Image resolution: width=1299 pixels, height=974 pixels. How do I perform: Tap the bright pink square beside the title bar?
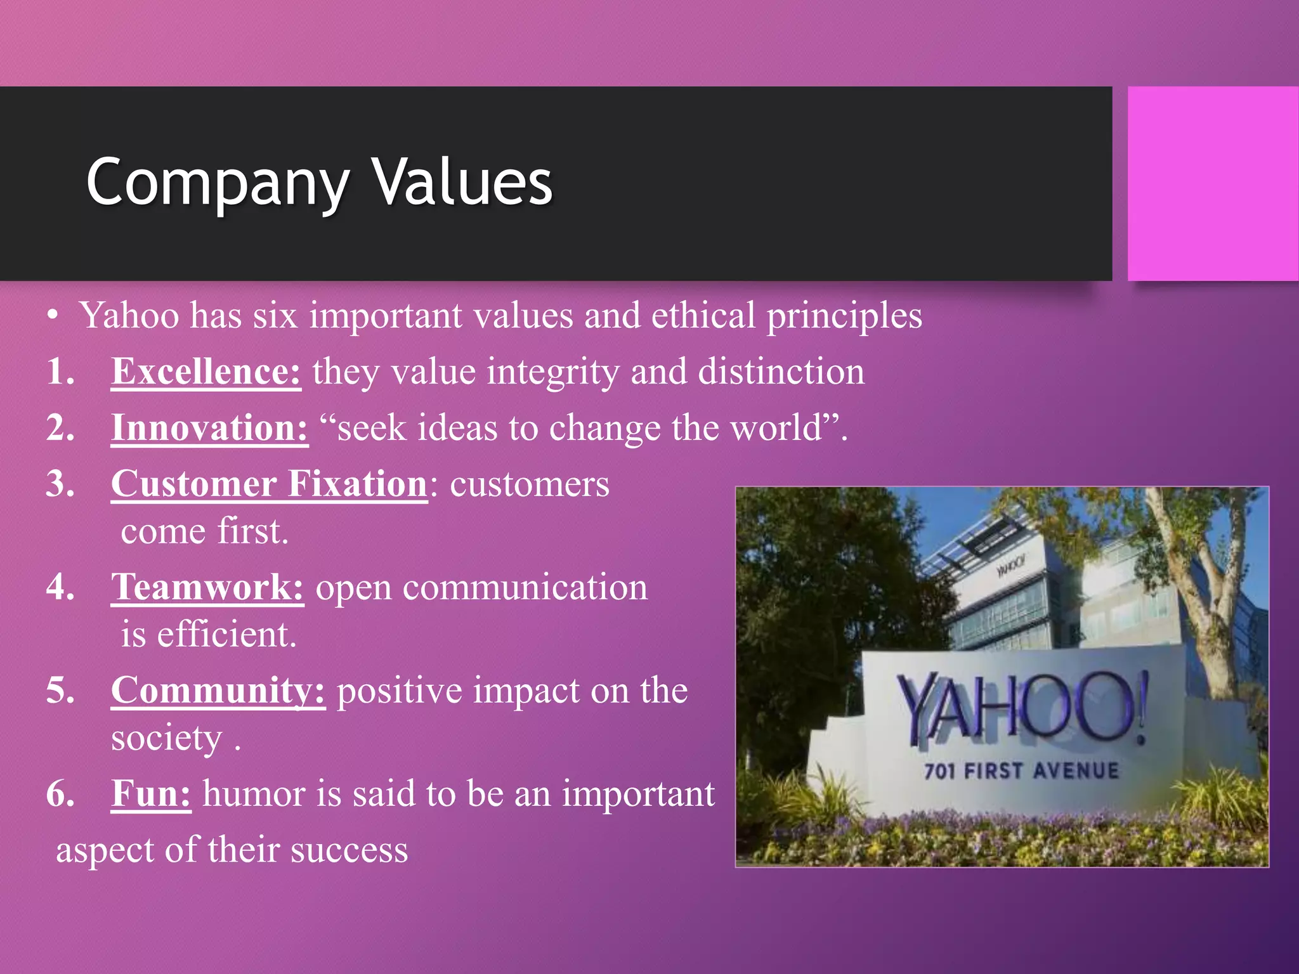(1213, 184)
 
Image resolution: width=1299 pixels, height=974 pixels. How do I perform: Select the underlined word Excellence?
(206, 372)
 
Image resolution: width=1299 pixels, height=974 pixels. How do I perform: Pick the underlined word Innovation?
(209, 428)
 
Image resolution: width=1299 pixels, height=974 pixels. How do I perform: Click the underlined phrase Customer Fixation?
(270, 484)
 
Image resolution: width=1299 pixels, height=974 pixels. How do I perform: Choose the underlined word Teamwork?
(207, 587)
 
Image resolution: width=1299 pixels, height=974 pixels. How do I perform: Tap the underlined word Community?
(218, 691)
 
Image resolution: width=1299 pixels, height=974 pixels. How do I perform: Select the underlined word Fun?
(151, 794)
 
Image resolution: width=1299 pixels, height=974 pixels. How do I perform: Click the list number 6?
(60, 794)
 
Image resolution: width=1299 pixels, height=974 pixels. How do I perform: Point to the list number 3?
(60, 484)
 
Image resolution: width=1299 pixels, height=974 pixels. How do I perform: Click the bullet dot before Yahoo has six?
(54, 316)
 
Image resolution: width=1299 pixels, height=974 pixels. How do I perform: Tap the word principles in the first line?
(844, 316)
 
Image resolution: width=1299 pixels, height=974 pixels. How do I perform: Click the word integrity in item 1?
(552, 372)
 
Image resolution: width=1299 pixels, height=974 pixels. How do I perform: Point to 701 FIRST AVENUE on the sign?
(1021, 771)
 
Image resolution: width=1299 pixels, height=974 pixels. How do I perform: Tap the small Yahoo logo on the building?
(1010, 565)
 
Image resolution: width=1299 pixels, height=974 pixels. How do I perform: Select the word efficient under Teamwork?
(226, 634)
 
